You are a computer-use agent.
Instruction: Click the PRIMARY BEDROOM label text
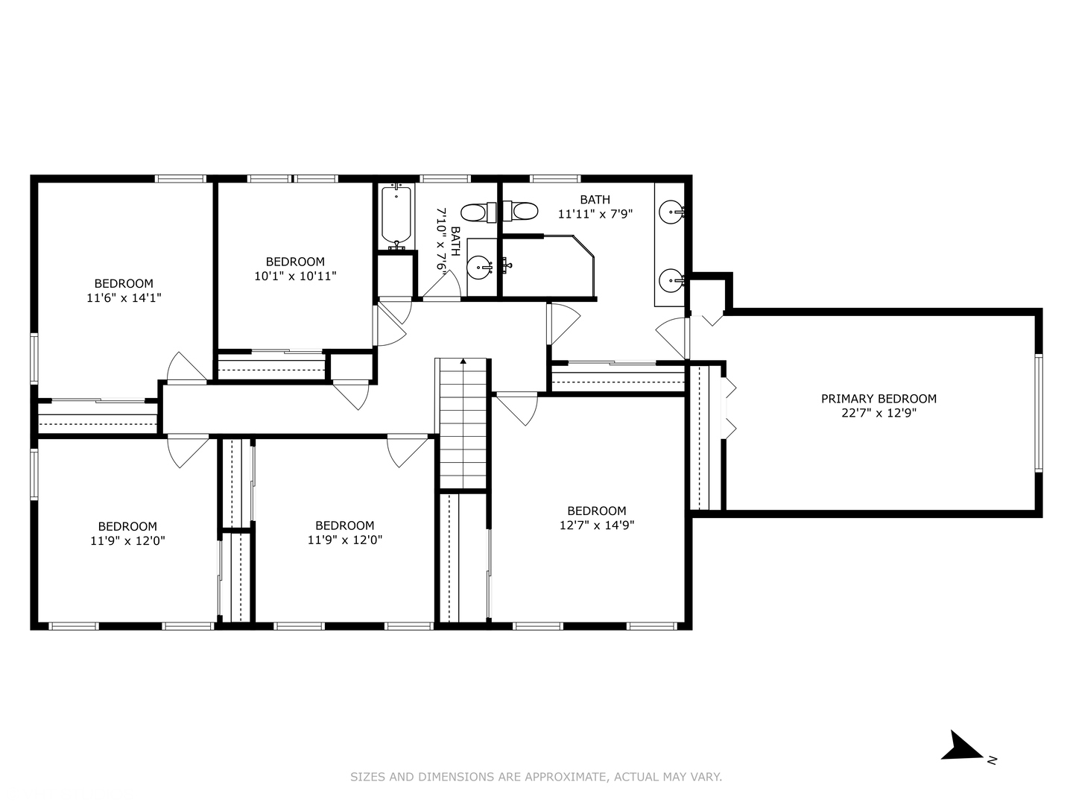879,399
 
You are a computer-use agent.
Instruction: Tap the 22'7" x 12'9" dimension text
879,413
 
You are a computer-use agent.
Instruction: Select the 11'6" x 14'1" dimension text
124,297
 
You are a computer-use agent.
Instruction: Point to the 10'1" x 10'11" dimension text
295,276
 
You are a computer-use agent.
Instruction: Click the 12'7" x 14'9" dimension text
597,525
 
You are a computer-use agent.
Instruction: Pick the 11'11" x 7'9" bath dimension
595,214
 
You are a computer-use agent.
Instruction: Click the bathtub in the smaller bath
396,217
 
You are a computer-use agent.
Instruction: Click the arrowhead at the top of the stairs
463,362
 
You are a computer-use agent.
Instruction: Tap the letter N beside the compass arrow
992,760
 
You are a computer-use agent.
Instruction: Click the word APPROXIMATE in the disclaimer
566,777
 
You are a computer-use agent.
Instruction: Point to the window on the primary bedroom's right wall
1038,413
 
